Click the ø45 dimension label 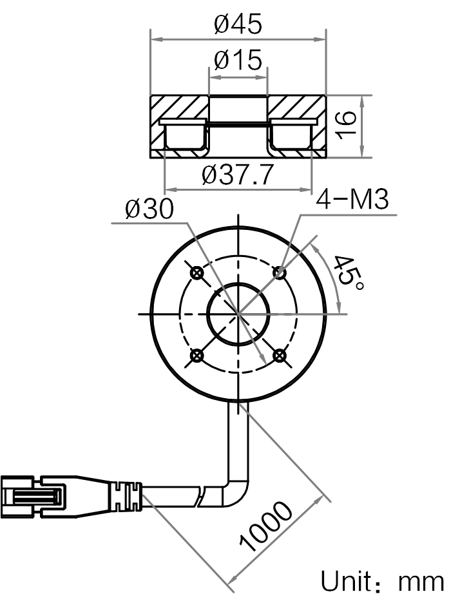tap(238, 24)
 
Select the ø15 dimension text tap(238, 60)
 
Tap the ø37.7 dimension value tap(237, 175)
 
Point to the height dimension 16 tap(346, 125)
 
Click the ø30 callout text tap(149, 209)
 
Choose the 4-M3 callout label tap(352, 200)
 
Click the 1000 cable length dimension tap(265, 528)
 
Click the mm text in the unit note tap(421, 583)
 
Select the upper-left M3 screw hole tap(196, 273)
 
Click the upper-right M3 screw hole tap(279, 273)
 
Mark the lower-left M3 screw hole tap(196, 355)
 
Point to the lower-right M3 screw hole tap(279, 355)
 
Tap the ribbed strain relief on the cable tap(126, 497)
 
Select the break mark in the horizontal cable tap(201, 497)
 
